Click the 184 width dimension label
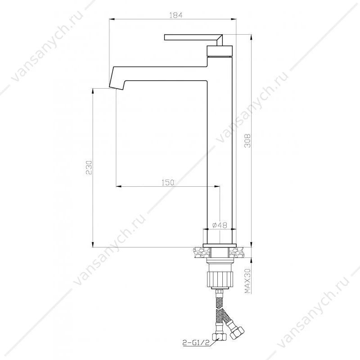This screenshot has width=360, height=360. tap(175, 15)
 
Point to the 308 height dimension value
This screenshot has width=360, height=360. tap(247, 141)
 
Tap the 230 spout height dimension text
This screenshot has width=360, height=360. tap(89, 167)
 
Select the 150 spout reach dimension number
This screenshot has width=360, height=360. tap(168, 183)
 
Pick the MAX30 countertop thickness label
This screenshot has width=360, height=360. tap(247, 281)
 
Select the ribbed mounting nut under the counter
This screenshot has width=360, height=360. tap(220, 279)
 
